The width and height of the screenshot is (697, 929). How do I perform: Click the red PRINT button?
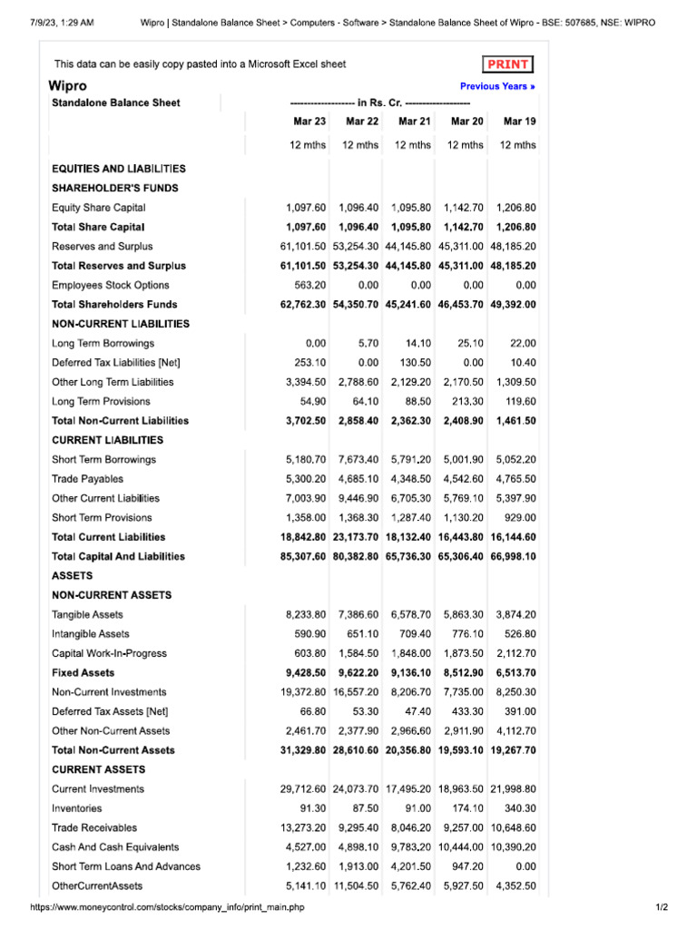(x=508, y=64)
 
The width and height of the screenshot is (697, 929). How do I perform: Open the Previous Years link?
(x=497, y=87)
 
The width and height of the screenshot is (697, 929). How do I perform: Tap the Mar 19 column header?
(x=519, y=122)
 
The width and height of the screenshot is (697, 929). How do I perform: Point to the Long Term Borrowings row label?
(x=103, y=343)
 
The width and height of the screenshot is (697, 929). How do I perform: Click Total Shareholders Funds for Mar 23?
(x=303, y=304)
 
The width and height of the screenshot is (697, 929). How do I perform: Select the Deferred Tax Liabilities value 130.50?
(x=415, y=363)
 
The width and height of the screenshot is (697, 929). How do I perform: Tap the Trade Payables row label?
(x=87, y=478)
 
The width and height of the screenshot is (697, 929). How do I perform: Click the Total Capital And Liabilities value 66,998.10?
(x=513, y=556)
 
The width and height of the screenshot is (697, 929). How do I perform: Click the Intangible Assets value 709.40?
(x=415, y=633)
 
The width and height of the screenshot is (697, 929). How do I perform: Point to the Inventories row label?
(x=76, y=807)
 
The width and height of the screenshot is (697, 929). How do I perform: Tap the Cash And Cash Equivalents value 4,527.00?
(x=306, y=846)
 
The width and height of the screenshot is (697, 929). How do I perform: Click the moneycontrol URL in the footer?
(x=167, y=908)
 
